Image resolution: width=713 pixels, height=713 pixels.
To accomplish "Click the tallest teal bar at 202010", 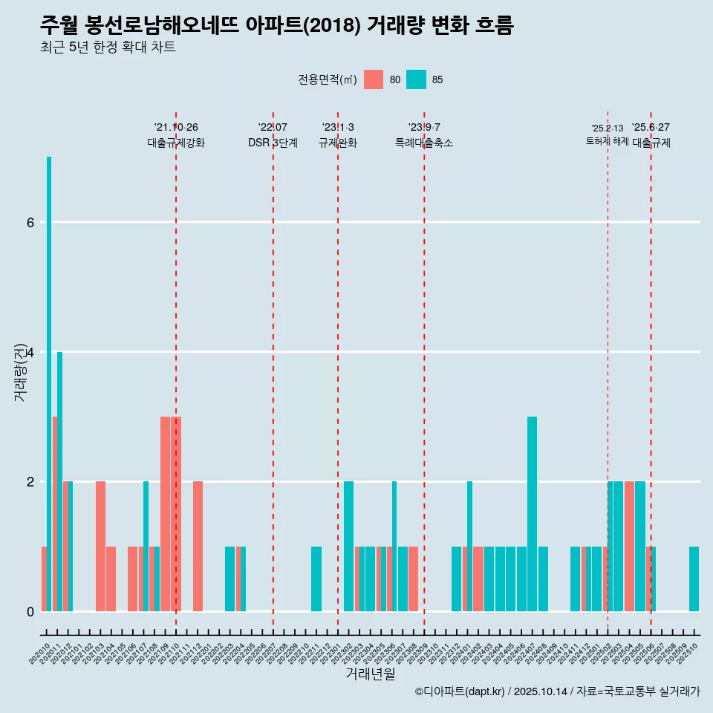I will (x=49, y=383).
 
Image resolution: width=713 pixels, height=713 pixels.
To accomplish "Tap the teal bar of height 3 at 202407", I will (x=532, y=514).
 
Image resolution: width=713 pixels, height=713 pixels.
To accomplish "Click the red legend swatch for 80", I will (x=374, y=79).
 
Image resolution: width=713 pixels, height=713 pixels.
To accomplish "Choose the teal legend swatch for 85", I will (x=417, y=79).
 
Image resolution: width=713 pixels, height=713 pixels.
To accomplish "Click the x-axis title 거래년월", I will (x=370, y=674).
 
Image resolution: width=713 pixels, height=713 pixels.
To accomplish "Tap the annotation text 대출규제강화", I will (x=176, y=143).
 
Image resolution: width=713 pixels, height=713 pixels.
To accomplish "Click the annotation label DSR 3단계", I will (x=273, y=143).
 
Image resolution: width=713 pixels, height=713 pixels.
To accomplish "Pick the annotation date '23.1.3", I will (x=338, y=128).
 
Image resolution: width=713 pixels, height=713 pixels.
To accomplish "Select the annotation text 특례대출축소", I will (x=424, y=143).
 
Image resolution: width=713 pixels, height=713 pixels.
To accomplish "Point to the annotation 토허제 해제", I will (x=608, y=141).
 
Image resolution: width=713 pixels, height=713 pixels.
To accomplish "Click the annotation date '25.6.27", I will (x=651, y=128).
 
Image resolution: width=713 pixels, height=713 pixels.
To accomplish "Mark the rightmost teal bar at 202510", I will (x=694, y=579).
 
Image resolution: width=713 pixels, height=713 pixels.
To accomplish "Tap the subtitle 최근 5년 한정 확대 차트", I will (x=108, y=48).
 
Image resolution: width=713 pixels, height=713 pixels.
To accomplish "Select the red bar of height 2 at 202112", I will (x=198, y=546).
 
